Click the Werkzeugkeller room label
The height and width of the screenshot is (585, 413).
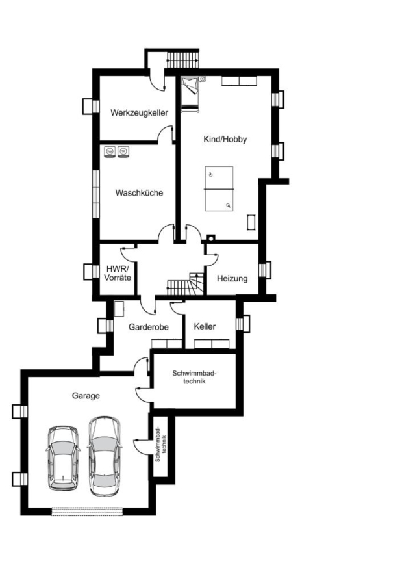coord(139,112)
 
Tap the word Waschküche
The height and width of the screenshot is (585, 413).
coord(139,193)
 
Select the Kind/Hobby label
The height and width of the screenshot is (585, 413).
coord(225,139)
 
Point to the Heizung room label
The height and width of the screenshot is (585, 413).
coord(232,278)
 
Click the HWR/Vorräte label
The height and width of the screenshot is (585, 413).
coord(118,273)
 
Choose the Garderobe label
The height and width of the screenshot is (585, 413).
coord(148,327)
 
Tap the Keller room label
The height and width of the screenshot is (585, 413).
coord(205,326)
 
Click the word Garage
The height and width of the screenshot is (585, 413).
coord(86,395)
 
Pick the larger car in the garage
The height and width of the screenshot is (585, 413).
coord(105,456)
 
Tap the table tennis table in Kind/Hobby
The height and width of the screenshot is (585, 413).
coord(219,188)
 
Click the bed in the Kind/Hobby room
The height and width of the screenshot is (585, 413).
coord(190,94)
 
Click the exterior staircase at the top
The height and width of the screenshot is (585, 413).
coord(182,59)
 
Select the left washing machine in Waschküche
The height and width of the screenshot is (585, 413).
coord(110,151)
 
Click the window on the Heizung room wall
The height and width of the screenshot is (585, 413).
coord(264,270)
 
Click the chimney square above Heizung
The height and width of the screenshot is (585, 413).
coord(211,238)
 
